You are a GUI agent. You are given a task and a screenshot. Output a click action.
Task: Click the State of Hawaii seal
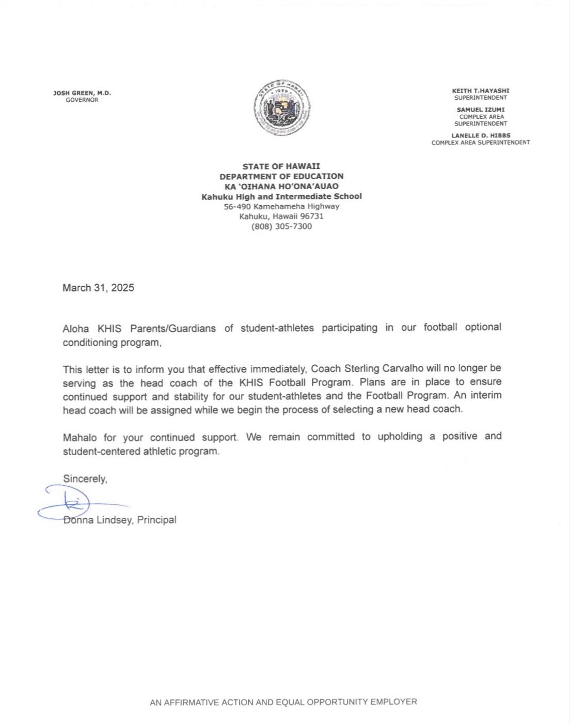coord(282,109)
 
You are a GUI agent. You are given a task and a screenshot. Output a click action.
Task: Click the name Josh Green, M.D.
coord(82,93)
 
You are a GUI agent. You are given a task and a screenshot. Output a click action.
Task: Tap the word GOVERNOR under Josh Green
coord(82,100)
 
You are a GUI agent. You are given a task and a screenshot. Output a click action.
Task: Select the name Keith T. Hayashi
coord(481,90)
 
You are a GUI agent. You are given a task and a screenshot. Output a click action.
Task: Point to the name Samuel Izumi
coord(481,110)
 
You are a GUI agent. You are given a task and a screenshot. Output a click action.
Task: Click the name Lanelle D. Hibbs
coord(481,135)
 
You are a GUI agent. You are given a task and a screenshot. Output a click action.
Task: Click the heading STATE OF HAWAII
coord(281,166)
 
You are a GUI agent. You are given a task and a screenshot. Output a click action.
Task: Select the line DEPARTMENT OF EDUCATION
coord(281,176)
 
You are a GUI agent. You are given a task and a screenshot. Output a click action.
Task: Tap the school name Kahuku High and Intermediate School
coord(281,196)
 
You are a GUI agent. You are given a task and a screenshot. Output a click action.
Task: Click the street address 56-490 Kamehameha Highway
coord(281,206)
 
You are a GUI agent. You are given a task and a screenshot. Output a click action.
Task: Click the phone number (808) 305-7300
coord(281,226)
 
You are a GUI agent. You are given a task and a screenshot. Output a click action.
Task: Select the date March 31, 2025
coord(98,288)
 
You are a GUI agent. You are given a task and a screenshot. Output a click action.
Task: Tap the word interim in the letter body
coord(488,395)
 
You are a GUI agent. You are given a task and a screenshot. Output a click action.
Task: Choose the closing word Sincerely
coord(85,479)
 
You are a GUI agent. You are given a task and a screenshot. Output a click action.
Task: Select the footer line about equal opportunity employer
coord(283,702)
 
